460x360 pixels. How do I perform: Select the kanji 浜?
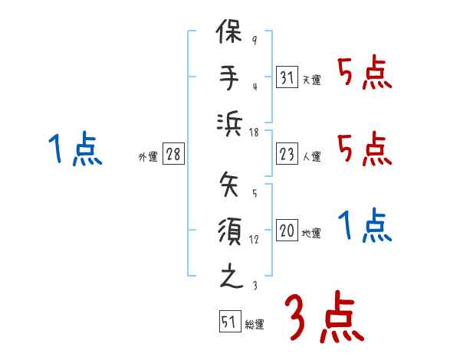[230, 123]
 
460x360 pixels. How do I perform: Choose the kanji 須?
[230, 231]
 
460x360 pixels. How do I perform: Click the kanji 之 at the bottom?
[230, 275]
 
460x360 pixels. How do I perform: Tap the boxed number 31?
[287, 77]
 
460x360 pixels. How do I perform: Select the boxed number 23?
[287, 154]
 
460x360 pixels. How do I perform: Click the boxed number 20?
[287, 231]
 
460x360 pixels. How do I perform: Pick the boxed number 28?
[173, 154]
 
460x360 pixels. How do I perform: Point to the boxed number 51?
[228, 322]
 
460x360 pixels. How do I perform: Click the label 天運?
[311, 80]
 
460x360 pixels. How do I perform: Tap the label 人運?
[311, 156]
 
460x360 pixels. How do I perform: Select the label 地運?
[311, 233]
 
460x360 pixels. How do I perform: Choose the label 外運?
[147, 156]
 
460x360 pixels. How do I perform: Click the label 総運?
[254, 324]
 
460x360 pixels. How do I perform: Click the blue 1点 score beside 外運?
[74, 149]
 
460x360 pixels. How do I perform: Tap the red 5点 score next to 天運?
[364, 74]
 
